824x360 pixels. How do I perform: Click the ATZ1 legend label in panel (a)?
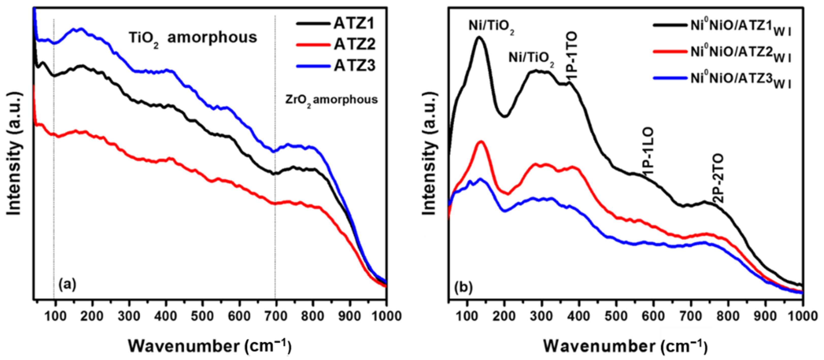click(354, 23)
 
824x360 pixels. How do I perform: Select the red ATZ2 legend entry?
click(354, 44)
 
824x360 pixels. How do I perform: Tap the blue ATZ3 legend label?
click(354, 66)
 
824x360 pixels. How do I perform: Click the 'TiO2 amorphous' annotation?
click(193, 38)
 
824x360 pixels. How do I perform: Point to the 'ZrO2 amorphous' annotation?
click(331, 100)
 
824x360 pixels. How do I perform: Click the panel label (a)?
click(67, 284)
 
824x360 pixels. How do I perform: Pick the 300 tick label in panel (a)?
click(129, 316)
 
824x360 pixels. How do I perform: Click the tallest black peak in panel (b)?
click(479, 38)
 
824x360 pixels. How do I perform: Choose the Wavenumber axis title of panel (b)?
click(625, 346)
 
